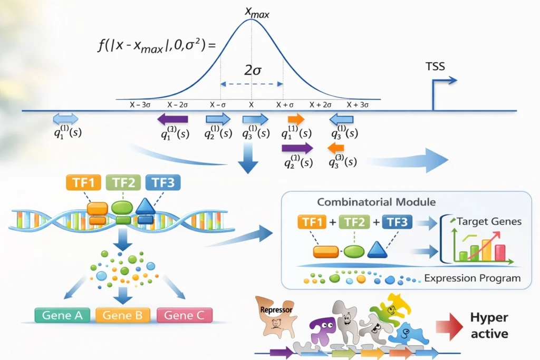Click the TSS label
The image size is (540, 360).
pyautogui.click(x=436, y=67)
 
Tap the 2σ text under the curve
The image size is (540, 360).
pyautogui.click(x=252, y=70)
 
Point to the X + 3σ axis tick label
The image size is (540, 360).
pyautogui.click(x=357, y=104)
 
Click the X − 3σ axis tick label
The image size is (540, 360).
pyautogui.click(x=141, y=104)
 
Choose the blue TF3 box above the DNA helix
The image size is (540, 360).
pyautogui.click(x=162, y=183)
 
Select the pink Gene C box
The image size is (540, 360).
pyautogui.click(x=185, y=315)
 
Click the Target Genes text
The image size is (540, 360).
pyautogui.click(x=488, y=221)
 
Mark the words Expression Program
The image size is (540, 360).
pyautogui.click(x=472, y=278)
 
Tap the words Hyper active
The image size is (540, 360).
pyautogui.click(x=489, y=325)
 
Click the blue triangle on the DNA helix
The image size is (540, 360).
pyautogui.click(x=145, y=206)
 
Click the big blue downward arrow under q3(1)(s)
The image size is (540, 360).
pyautogui.click(x=248, y=159)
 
